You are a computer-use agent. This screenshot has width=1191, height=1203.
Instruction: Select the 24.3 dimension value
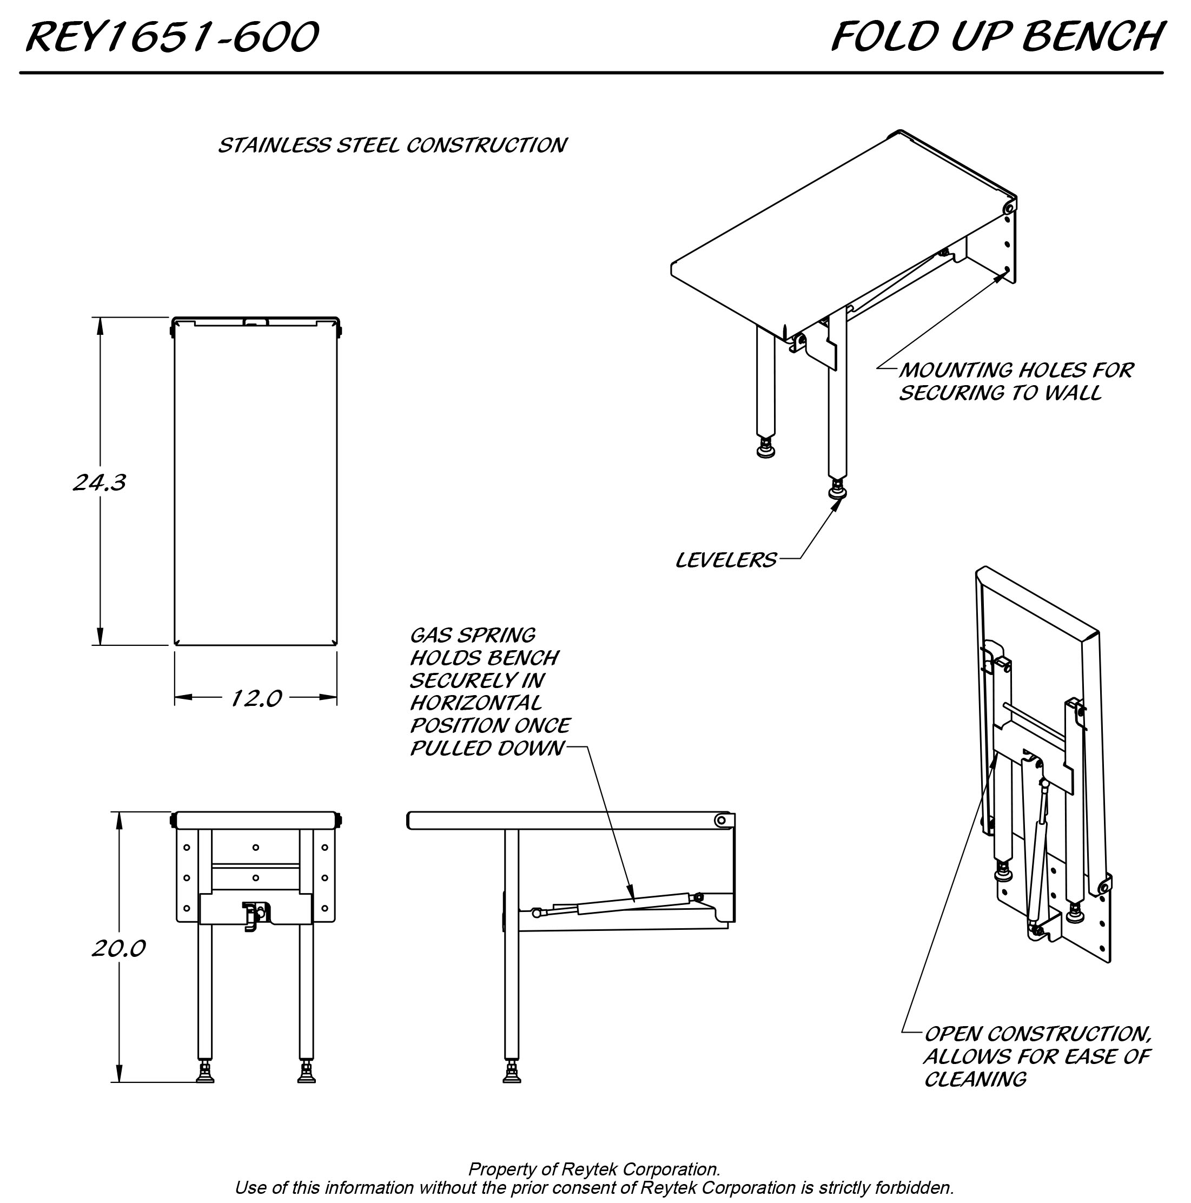coord(100,482)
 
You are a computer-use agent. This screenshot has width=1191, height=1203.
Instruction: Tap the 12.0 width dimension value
coord(256,698)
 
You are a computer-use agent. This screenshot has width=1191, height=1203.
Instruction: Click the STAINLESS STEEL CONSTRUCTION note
coord(392,145)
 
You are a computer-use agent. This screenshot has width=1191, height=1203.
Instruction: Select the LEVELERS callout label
coord(726,560)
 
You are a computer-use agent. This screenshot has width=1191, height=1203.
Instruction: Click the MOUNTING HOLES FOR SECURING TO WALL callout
coord(1015,381)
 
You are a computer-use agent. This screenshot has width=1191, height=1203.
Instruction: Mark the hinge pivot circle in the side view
coord(722,820)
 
